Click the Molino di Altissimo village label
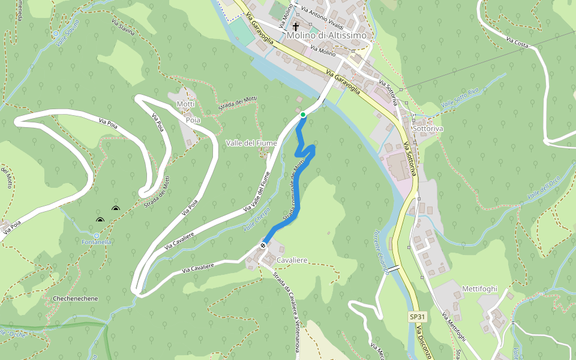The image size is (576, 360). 326,35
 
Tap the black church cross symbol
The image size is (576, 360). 296,27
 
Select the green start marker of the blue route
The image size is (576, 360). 303,115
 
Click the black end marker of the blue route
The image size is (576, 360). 263,245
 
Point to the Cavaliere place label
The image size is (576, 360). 292,260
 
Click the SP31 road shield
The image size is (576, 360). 417,316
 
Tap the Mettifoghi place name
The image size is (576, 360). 480,289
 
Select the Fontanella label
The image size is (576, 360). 97,242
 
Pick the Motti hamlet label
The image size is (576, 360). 185,104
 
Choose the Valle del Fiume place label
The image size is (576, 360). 251,143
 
